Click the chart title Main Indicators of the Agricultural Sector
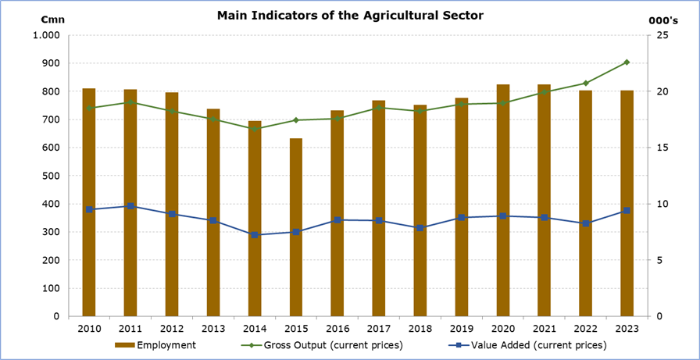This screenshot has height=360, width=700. point(350,15)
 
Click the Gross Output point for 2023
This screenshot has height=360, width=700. point(627,62)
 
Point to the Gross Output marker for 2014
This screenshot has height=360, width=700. point(255,129)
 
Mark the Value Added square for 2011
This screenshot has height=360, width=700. point(130,206)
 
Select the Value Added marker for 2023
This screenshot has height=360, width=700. point(627,211)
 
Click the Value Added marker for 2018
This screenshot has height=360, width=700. point(420,228)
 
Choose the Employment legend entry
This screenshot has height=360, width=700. point(156,344)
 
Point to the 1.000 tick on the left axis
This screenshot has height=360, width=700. point(47,35)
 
